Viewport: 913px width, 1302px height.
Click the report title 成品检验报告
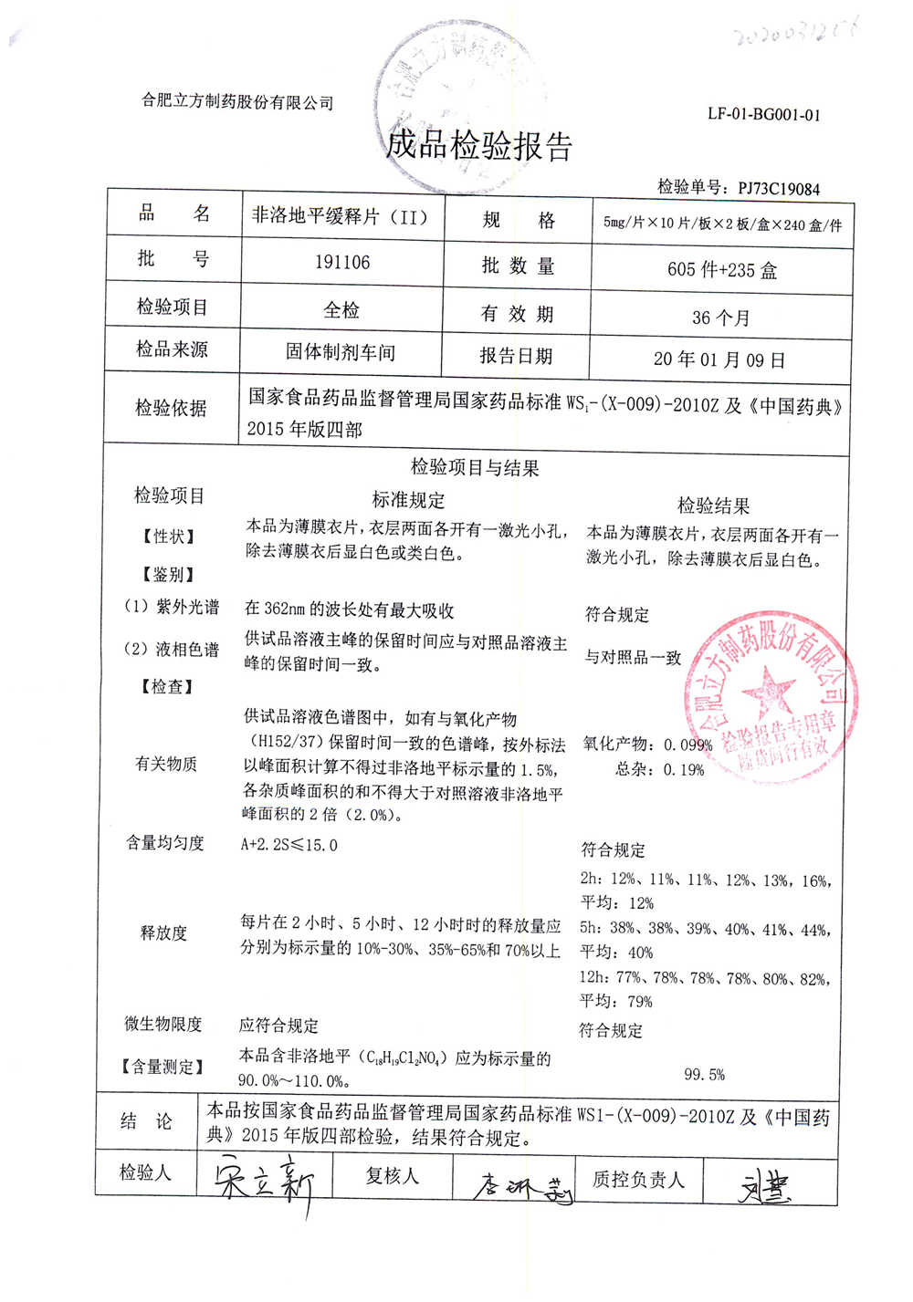(479, 145)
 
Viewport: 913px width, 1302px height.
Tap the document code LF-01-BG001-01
(763, 115)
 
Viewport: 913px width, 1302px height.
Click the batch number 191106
(342, 263)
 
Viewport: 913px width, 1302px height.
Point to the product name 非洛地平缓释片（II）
(340, 217)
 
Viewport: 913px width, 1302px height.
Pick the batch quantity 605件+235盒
(721, 270)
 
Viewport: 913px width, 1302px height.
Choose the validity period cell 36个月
(720, 318)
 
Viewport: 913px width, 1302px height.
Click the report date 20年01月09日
(719, 359)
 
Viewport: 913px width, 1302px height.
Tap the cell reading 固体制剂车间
(341, 352)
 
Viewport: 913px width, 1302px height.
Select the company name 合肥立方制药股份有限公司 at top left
(237, 102)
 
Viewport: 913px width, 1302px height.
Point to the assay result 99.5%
(704, 1075)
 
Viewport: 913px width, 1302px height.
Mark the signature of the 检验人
(265, 1181)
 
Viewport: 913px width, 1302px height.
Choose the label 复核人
(392, 1176)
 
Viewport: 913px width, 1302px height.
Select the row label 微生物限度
(163, 1024)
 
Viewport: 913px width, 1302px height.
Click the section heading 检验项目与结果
(475, 468)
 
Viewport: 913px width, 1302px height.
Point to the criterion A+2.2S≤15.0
(289, 845)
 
